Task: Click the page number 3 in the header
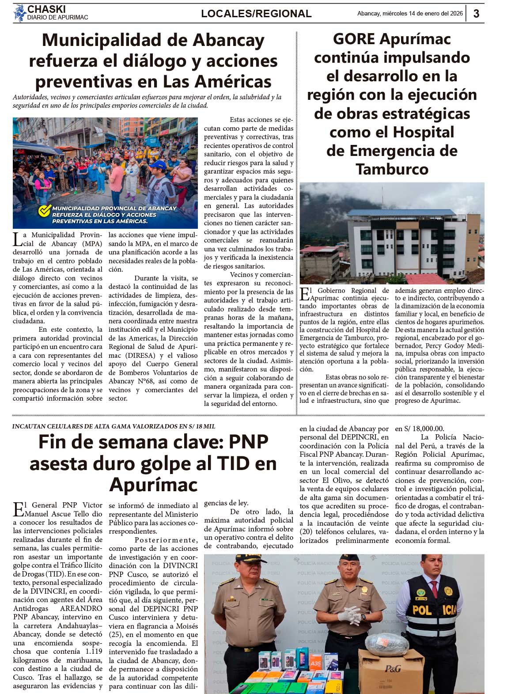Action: coord(476,14)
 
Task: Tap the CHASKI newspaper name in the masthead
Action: coord(46,9)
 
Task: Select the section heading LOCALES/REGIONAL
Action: coord(256,14)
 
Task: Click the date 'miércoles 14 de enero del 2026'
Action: coord(424,14)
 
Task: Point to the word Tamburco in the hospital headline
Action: coord(392,169)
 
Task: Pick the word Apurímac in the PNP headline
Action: coord(153,485)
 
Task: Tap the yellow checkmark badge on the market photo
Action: coord(44,211)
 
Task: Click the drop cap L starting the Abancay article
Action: coord(17,239)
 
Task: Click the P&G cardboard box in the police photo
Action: coord(391,669)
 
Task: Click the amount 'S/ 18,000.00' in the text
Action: coord(420,429)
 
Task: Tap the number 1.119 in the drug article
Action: coord(92,651)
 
